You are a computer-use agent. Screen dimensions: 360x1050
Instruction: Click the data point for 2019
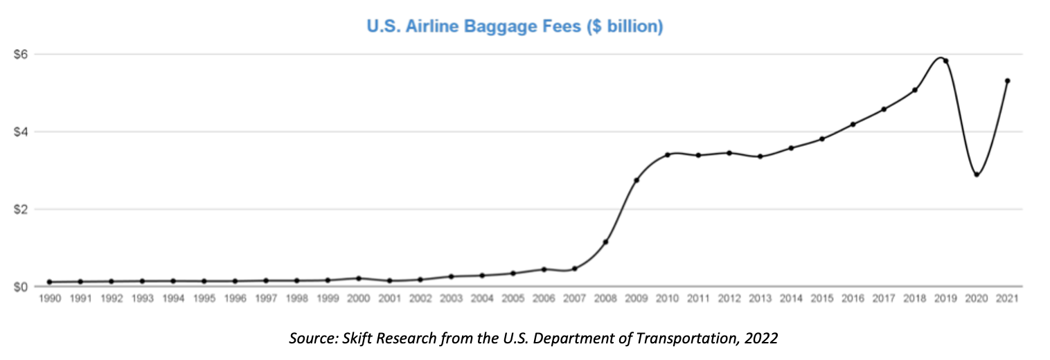coord(945,61)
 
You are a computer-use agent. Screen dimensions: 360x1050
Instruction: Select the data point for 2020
coord(977,174)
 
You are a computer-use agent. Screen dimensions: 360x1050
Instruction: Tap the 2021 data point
coord(1007,81)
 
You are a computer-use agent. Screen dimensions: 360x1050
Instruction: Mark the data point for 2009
coord(637,180)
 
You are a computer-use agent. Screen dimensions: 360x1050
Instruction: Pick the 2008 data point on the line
coord(605,242)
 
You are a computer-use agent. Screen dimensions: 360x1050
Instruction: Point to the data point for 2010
coord(668,154)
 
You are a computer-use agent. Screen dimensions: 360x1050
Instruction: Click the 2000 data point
coord(358,278)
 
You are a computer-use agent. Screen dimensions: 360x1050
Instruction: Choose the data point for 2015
coord(822,139)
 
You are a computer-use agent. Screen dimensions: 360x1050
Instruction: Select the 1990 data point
coord(49,282)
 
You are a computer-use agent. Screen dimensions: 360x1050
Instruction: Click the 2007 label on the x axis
coord(574,298)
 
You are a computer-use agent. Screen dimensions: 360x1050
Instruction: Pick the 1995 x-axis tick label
coord(204,298)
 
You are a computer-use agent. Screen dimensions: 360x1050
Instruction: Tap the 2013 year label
coord(760,298)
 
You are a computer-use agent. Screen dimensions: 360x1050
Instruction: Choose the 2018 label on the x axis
coord(914,298)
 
